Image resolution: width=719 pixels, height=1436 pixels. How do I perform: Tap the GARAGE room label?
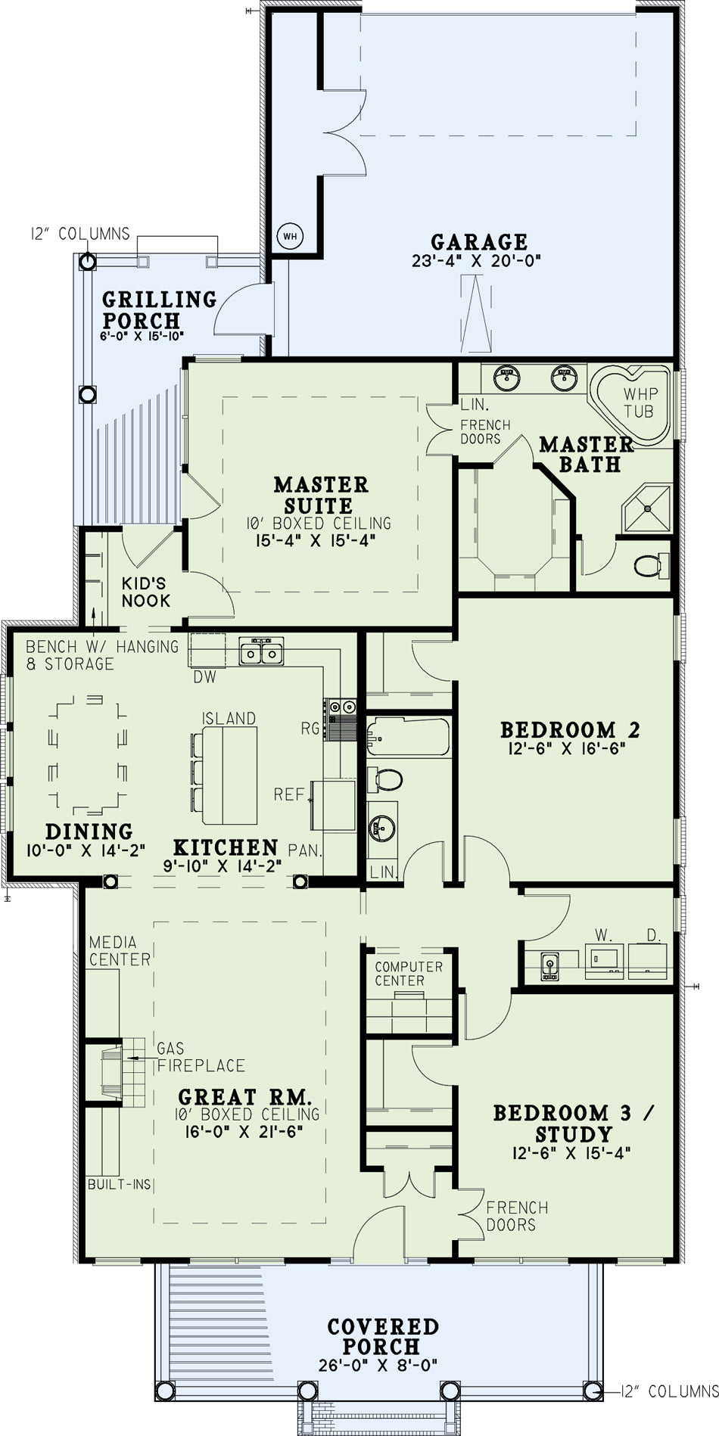pos(479,242)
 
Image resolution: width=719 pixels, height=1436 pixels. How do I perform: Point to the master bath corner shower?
pos(646,508)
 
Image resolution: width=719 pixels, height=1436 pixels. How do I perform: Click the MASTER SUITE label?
pos(321,495)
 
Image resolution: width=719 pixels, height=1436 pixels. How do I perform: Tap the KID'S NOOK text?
pos(146,592)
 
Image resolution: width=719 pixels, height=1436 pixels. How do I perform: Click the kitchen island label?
pos(229,718)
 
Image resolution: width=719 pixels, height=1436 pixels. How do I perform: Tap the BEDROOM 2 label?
pos(570,730)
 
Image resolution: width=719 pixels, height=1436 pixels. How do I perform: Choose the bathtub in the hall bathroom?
pos(408,738)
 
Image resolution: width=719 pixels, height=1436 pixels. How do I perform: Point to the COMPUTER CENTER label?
pos(409,974)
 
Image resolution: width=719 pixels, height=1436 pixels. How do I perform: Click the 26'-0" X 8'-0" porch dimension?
pos(378,1364)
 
